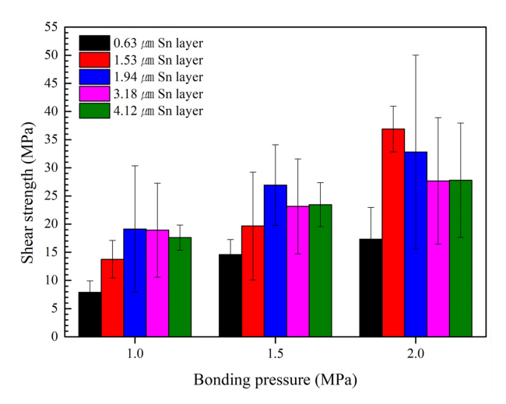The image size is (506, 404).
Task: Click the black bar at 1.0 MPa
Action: point(90,314)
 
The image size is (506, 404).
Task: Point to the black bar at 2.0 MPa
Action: point(371,288)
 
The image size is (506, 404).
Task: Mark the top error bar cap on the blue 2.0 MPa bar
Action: point(415,55)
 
